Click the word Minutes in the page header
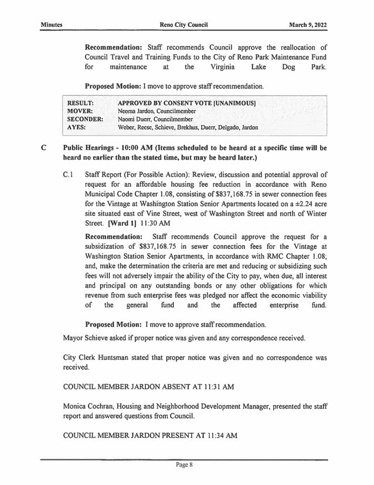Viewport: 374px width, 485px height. (52, 25)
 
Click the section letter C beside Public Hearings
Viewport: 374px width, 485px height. (43, 148)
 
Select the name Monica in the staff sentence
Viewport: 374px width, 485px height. (76, 406)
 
